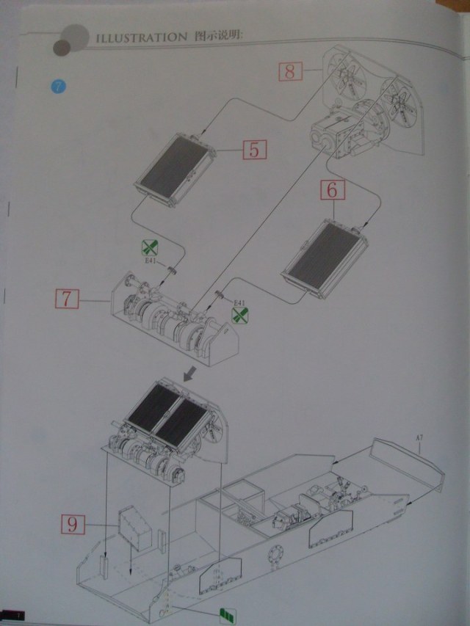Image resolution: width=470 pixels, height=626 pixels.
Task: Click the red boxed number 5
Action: (x=253, y=150)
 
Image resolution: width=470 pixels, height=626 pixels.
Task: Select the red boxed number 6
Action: (x=332, y=189)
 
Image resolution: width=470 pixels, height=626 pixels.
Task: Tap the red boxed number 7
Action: (x=66, y=299)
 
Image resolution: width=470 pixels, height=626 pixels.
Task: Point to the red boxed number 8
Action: (x=290, y=71)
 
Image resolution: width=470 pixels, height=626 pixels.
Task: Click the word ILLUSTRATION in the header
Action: (x=139, y=36)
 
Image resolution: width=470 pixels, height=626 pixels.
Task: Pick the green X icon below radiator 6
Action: (x=240, y=315)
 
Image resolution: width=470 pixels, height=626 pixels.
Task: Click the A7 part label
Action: (x=419, y=440)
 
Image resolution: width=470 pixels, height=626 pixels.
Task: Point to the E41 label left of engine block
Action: (x=150, y=260)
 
